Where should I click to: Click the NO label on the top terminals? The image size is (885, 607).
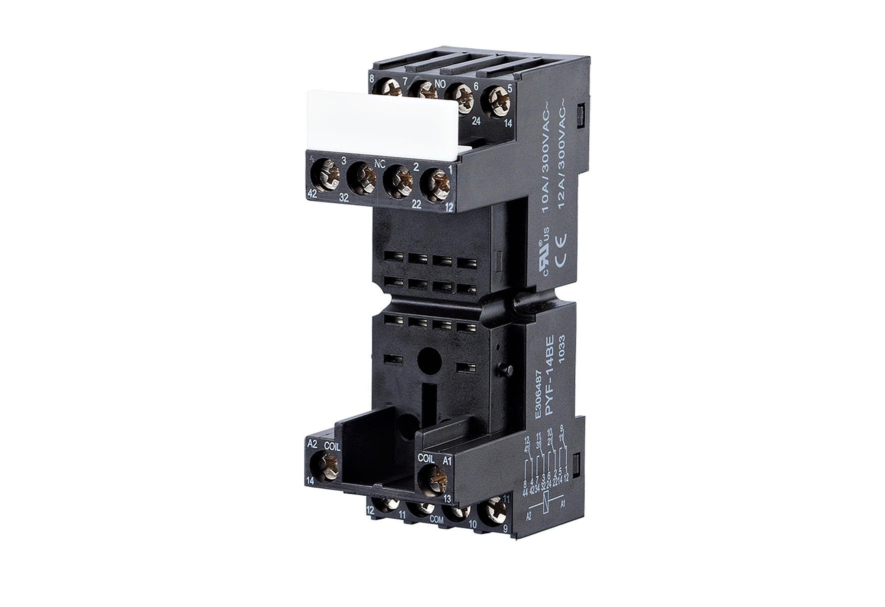coord(440,84)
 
